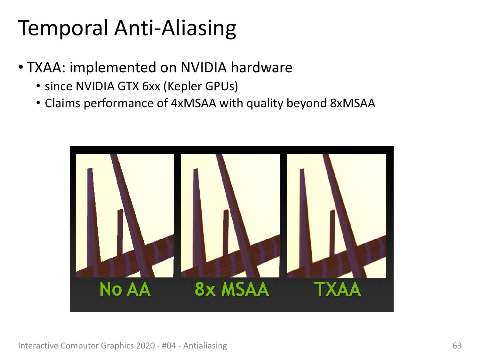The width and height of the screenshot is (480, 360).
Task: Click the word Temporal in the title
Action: (x=63, y=28)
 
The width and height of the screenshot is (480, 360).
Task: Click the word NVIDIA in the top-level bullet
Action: (x=204, y=67)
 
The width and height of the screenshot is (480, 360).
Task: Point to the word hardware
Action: (x=261, y=67)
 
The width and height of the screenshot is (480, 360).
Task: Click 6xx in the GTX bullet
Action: (x=151, y=86)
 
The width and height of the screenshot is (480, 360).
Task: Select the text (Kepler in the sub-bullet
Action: (x=182, y=86)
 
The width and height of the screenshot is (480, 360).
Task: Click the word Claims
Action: (x=62, y=103)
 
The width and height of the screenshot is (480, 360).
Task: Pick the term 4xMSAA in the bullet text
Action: (x=194, y=103)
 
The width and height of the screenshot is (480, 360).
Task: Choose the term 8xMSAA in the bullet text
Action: (x=353, y=103)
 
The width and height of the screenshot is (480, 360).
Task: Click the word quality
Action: (x=265, y=104)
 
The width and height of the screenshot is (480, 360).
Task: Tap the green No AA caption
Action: (x=125, y=289)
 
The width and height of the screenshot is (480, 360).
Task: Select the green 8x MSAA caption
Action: (x=232, y=289)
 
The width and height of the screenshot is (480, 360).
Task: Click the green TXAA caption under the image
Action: (x=337, y=289)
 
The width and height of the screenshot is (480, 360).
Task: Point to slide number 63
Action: (x=457, y=346)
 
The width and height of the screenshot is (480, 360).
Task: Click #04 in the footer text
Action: (x=169, y=346)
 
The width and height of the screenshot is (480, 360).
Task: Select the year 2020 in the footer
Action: (x=145, y=346)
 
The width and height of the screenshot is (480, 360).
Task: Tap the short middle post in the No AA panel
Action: (x=120, y=232)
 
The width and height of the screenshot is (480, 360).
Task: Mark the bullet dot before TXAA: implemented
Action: (x=21, y=67)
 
